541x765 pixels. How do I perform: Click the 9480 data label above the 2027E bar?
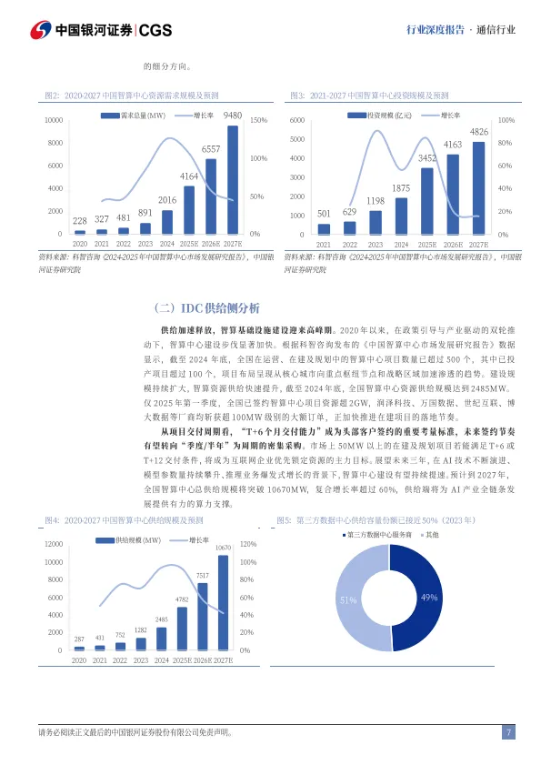[233, 116]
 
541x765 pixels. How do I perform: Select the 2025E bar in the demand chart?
[189, 211]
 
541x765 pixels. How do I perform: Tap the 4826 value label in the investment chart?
[478, 133]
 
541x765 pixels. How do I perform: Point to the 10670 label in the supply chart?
[223, 548]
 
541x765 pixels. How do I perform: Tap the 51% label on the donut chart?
[347, 600]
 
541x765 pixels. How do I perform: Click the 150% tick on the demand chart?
[257, 120]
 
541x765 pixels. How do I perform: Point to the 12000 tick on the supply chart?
[54, 544]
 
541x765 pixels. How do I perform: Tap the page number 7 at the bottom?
[509, 732]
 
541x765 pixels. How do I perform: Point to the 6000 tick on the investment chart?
[298, 120]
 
